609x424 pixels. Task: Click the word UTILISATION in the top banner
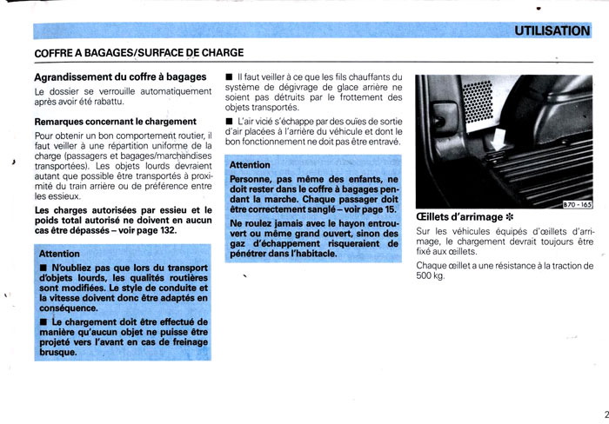coord(552,30)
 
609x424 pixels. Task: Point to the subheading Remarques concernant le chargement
coord(115,122)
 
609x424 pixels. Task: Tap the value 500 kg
coord(431,276)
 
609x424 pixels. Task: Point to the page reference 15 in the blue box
coord(388,209)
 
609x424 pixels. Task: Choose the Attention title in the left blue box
coord(61,253)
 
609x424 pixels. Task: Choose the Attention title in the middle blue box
coord(251,164)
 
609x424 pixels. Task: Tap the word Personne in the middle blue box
coord(253,179)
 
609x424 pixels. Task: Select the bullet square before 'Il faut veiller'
coord(229,78)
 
